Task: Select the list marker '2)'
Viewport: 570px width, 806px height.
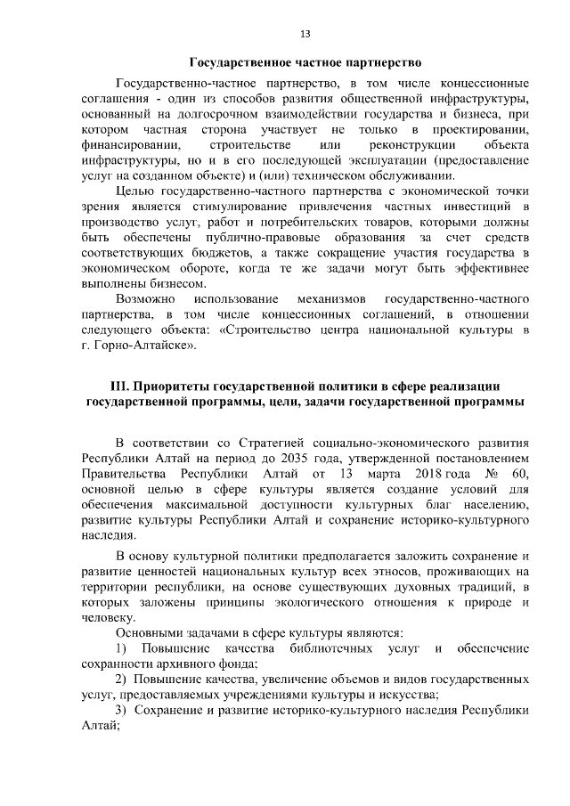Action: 124,680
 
